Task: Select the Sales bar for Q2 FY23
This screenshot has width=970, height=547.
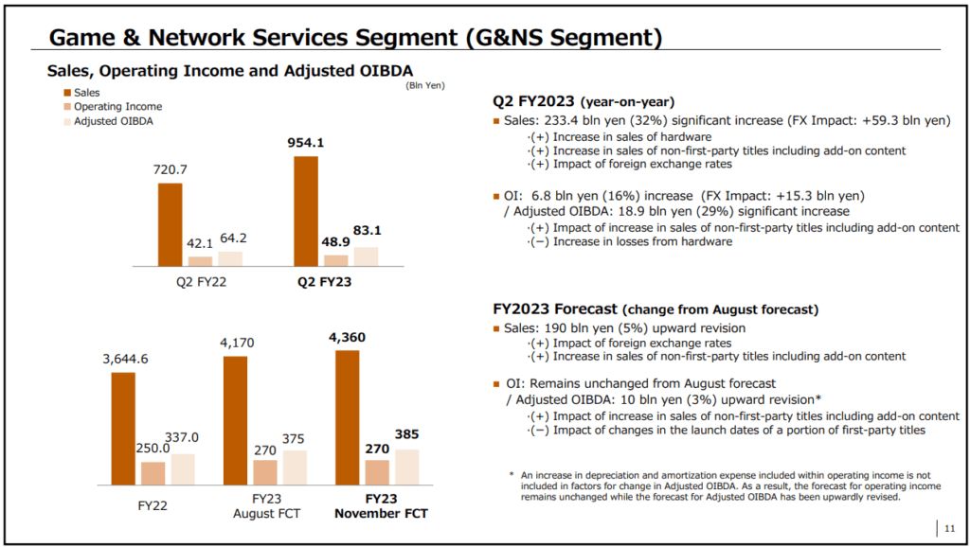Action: [x=306, y=210]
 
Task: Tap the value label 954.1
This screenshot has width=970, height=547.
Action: [x=305, y=143]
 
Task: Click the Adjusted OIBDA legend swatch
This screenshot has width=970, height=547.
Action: [x=68, y=121]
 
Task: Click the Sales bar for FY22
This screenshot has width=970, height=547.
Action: [x=123, y=428]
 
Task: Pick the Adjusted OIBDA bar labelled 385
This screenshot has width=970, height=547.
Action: [x=407, y=466]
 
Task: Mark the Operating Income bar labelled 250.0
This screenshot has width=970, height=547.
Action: [x=153, y=472]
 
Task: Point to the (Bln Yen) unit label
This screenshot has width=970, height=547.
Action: [x=425, y=85]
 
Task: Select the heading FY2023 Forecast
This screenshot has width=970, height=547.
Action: [x=555, y=309]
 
